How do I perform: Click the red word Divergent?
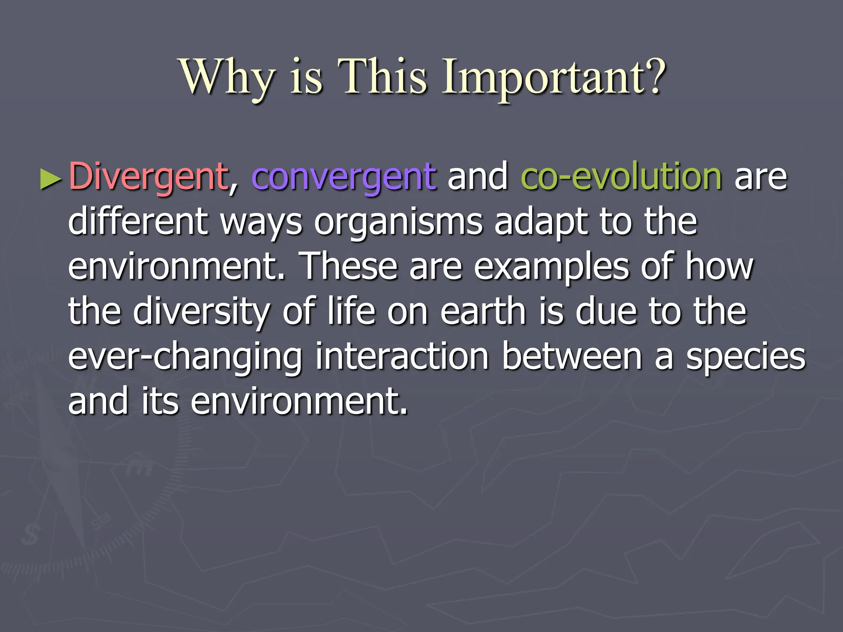click(148, 177)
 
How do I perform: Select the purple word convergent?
click(344, 177)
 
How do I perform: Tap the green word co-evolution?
click(621, 177)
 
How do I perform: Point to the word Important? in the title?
click(554, 77)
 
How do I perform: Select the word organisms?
click(398, 222)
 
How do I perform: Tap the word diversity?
click(201, 312)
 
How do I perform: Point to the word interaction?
click(402, 356)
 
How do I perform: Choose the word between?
click(572, 356)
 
